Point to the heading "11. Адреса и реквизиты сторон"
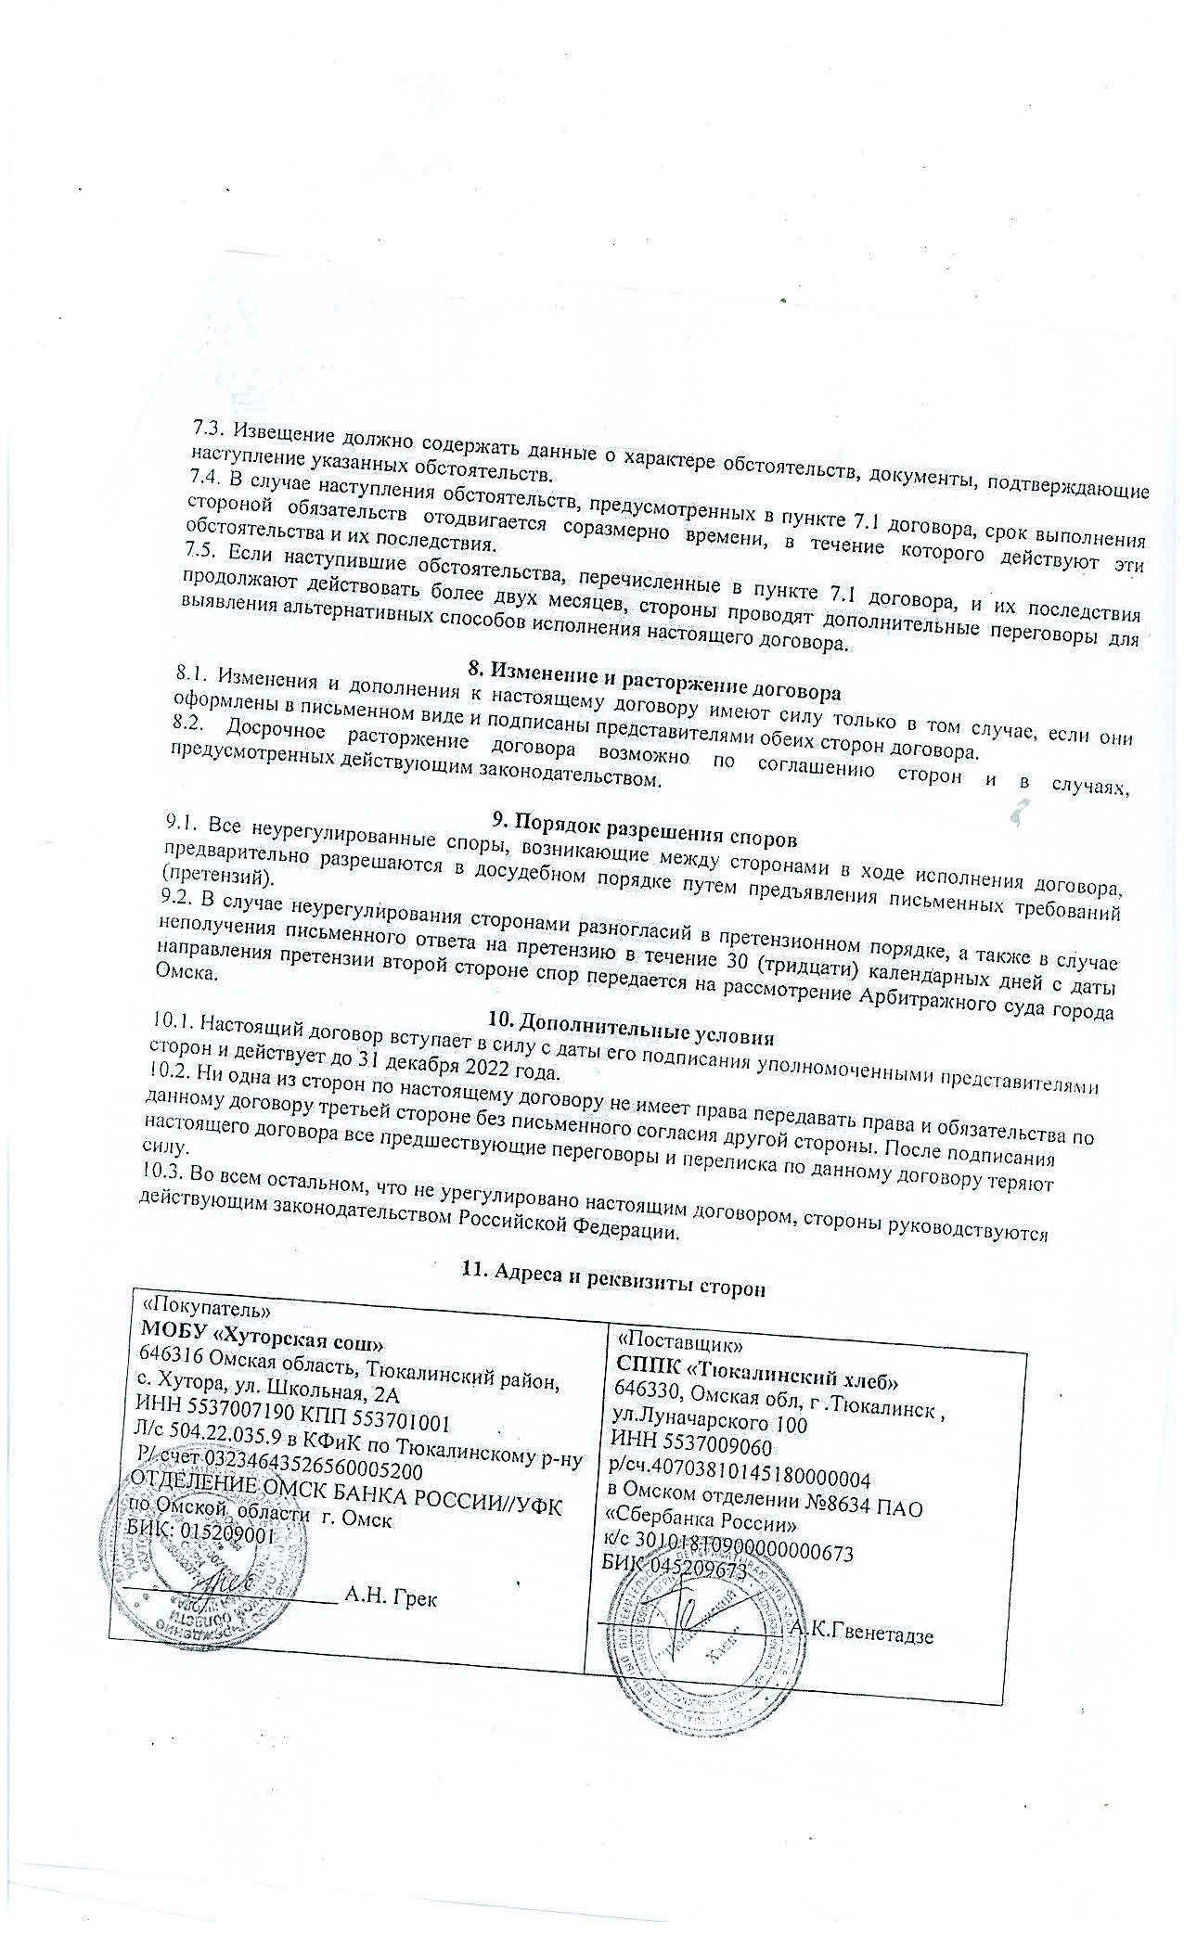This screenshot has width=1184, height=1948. click(612, 1275)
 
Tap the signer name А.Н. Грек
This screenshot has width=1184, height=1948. click(391, 1596)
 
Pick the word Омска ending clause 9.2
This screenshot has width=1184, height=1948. click(182, 973)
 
